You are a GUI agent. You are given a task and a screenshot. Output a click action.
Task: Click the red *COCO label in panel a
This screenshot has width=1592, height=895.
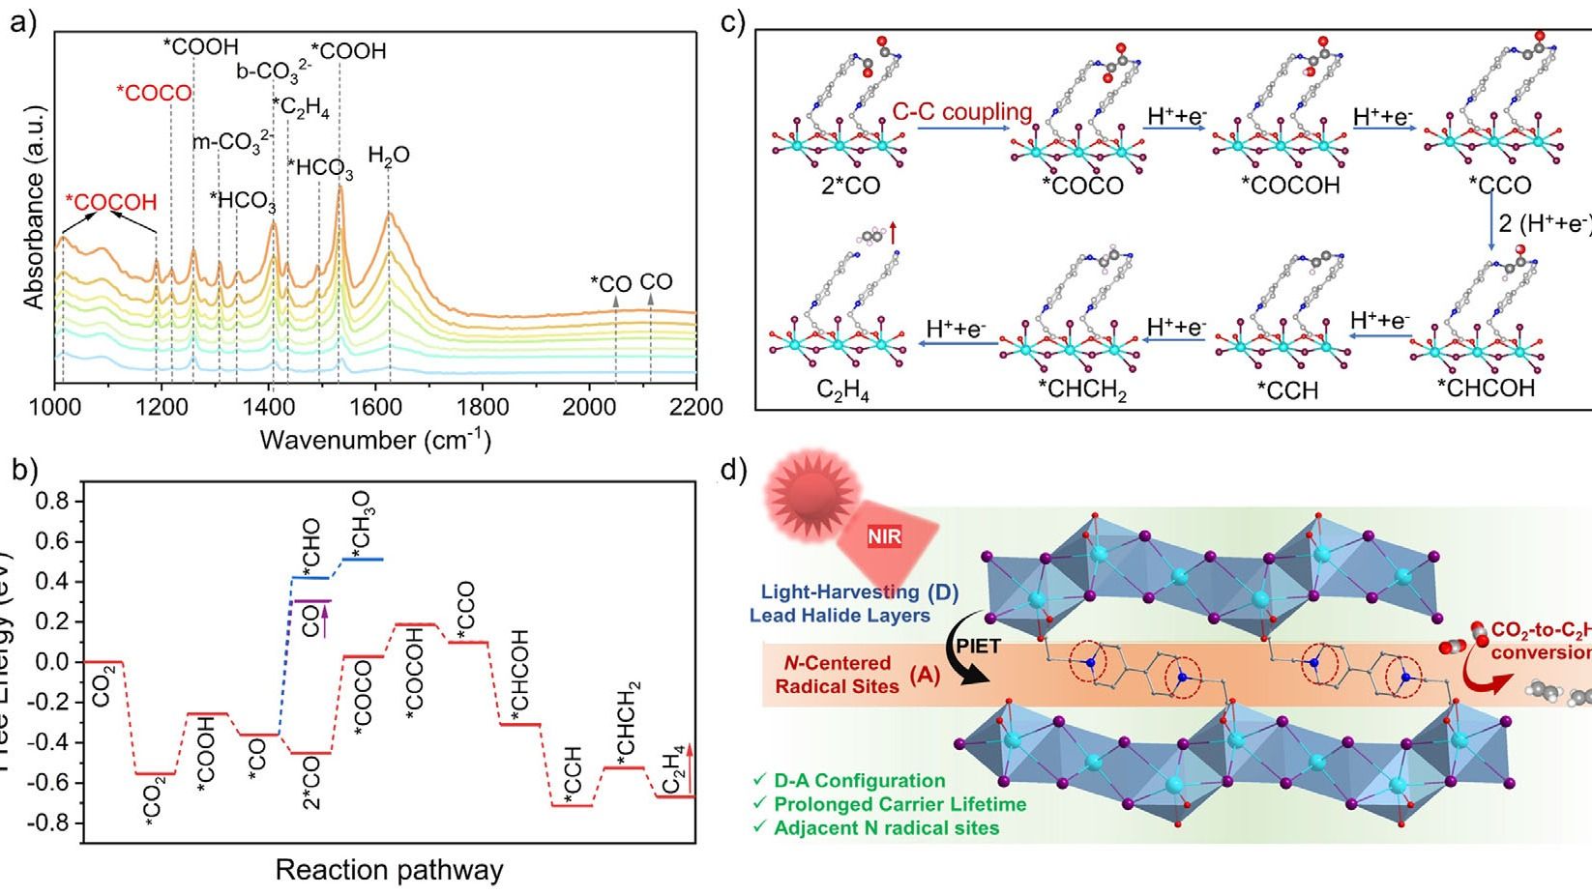(x=154, y=94)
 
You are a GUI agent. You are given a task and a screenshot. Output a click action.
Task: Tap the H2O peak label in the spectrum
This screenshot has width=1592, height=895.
(x=389, y=155)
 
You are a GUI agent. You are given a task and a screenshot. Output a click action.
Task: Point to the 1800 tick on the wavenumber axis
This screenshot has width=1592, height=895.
(x=482, y=407)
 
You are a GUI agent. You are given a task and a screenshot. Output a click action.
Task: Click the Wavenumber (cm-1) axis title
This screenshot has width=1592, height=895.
(x=375, y=441)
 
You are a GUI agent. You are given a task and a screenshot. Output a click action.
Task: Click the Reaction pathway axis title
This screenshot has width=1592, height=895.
(x=389, y=870)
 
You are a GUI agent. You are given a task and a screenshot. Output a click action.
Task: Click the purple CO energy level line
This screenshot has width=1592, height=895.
(x=312, y=600)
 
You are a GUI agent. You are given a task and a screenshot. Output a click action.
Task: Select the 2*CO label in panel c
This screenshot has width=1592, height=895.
(x=838, y=185)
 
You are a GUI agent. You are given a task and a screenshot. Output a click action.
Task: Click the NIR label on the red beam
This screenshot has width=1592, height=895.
(x=885, y=535)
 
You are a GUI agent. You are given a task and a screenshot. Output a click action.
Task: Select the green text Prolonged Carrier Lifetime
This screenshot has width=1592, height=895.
(x=899, y=804)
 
